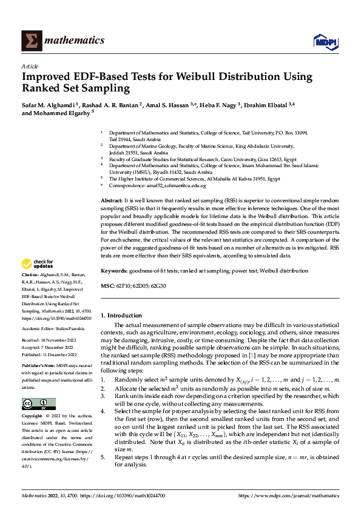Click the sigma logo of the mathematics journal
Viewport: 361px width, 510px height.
click(x=30, y=41)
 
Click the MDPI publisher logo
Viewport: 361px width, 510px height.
click(x=324, y=41)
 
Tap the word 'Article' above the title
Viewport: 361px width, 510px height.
click(x=30, y=66)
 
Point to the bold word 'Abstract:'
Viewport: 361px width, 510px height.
click(x=112, y=200)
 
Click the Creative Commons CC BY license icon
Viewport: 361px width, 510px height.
click(x=38, y=404)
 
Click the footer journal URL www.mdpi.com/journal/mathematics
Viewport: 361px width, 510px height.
click(x=289, y=495)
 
